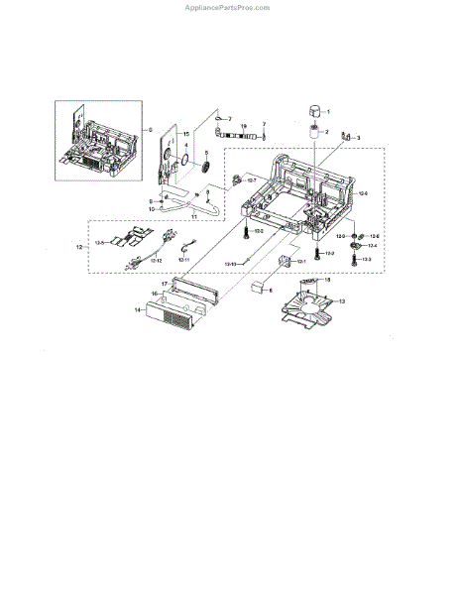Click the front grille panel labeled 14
[x=173, y=316]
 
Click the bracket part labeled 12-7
[x=239, y=179]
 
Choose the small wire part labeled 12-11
[x=184, y=252]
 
